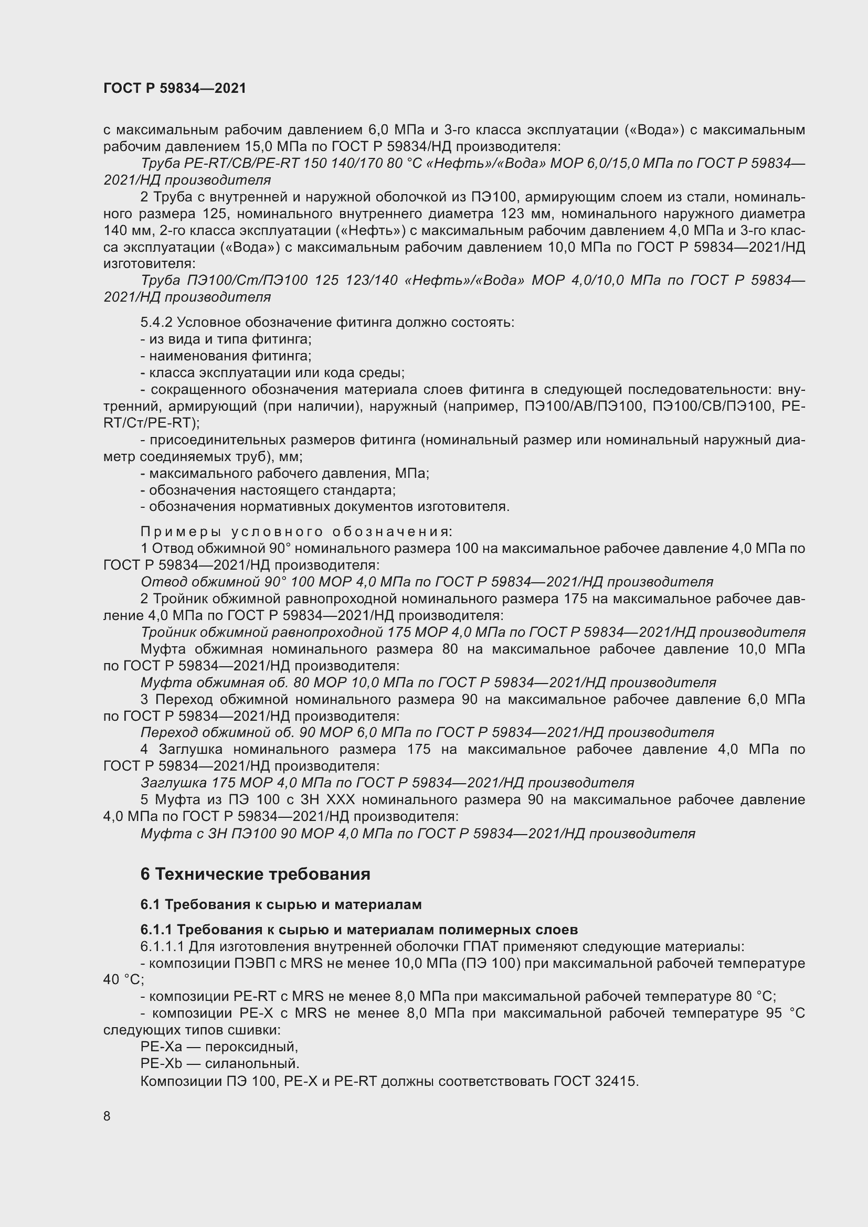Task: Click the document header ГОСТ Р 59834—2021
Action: tap(175, 88)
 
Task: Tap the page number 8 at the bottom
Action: tap(107, 1116)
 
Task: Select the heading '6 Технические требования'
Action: tap(255, 874)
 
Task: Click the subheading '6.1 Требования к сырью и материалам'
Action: tap(281, 904)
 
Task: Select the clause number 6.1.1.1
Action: tap(162, 946)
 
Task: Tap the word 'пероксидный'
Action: tap(251, 1047)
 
